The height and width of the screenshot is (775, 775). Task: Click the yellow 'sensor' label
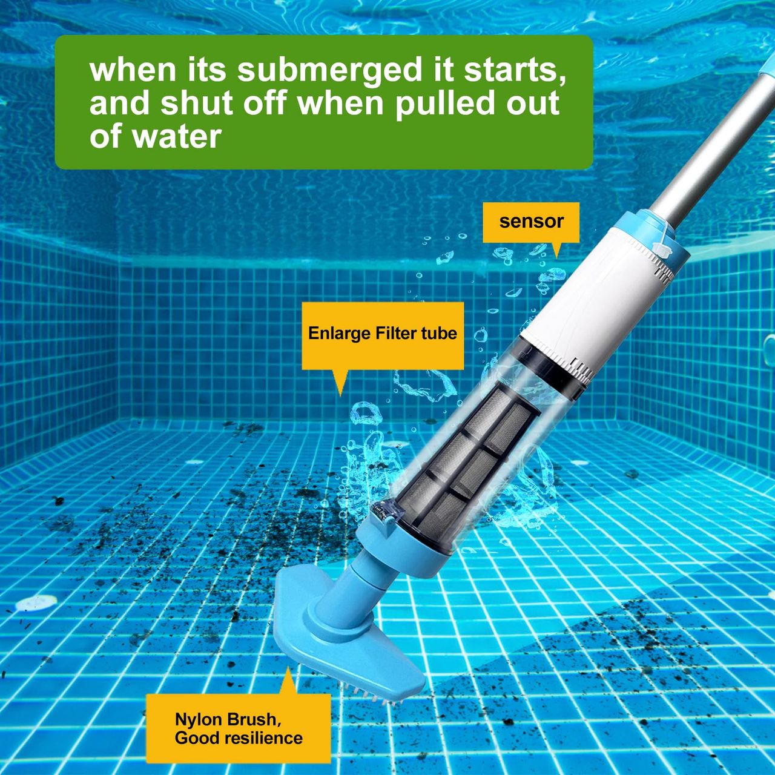pyautogui.click(x=531, y=222)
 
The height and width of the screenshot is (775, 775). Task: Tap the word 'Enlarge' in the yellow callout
pyautogui.click(x=338, y=334)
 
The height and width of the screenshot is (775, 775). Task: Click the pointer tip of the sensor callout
pyautogui.click(x=557, y=257)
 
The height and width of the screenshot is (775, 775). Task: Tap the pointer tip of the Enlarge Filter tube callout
pyautogui.click(x=340, y=396)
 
